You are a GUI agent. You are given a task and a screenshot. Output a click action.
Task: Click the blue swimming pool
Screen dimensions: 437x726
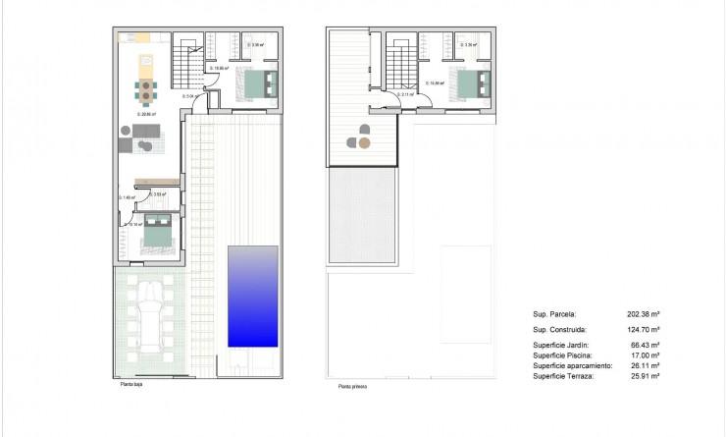coord(253,296)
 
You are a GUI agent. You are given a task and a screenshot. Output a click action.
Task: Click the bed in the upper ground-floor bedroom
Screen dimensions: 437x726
coord(257,84)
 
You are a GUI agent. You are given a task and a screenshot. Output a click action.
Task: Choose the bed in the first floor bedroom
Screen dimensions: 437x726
coord(470,82)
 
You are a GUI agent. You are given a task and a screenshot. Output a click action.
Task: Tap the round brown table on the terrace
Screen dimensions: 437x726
coord(364,142)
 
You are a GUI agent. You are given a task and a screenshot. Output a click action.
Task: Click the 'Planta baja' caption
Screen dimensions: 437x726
coord(131,386)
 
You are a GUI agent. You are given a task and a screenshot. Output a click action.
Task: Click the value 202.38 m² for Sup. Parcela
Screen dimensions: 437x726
coord(644,314)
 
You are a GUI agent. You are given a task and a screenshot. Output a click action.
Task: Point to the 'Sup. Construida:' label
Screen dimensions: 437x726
coord(560,330)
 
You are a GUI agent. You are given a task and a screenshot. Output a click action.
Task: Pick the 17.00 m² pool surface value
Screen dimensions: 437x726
coord(644,355)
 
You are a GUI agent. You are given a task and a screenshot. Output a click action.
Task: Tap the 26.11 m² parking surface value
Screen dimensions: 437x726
coord(644,365)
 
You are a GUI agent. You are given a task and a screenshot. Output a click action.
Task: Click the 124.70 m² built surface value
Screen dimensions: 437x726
coord(644,330)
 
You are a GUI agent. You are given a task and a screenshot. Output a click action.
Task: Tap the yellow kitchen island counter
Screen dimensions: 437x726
coord(147,68)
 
